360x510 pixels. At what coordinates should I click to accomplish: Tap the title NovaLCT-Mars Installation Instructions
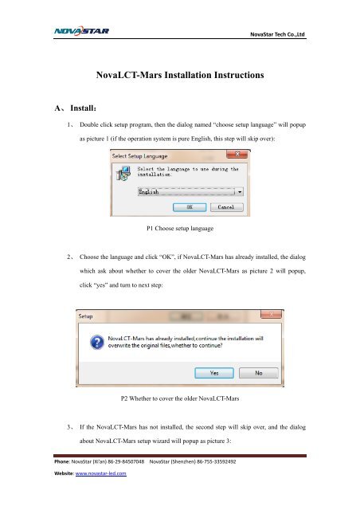tap(180, 78)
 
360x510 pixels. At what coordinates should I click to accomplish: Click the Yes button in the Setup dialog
tap(216, 371)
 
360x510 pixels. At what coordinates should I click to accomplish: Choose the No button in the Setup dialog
tap(259, 371)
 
